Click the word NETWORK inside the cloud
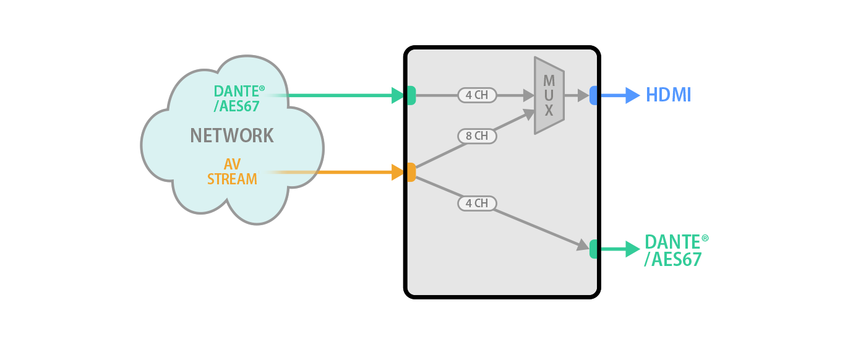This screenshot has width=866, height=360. point(231,135)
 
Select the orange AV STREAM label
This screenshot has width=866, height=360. point(232,171)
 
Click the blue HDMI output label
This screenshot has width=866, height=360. point(668,95)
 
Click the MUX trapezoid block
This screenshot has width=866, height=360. point(549,96)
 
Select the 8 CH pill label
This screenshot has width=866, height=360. point(477,136)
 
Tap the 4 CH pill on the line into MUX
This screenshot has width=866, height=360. point(477,95)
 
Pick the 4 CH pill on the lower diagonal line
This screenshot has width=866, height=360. point(477,203)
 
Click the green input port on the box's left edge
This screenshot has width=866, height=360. point(411,95)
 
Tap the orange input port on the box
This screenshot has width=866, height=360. point(411,172)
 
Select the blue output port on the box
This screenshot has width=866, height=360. point(593,95)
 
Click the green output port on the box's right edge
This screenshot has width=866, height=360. point(593,249)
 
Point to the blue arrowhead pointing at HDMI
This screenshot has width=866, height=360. point(633,95)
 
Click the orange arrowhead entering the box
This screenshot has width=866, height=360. point(398,172)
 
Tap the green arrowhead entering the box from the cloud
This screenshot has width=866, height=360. point(398,95)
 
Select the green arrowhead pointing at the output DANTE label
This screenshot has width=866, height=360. point(633,249)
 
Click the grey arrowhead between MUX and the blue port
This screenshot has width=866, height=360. point(583,95)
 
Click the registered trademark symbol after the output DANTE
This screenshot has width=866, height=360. point(705,238)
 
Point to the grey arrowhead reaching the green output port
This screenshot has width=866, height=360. point(583,246)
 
